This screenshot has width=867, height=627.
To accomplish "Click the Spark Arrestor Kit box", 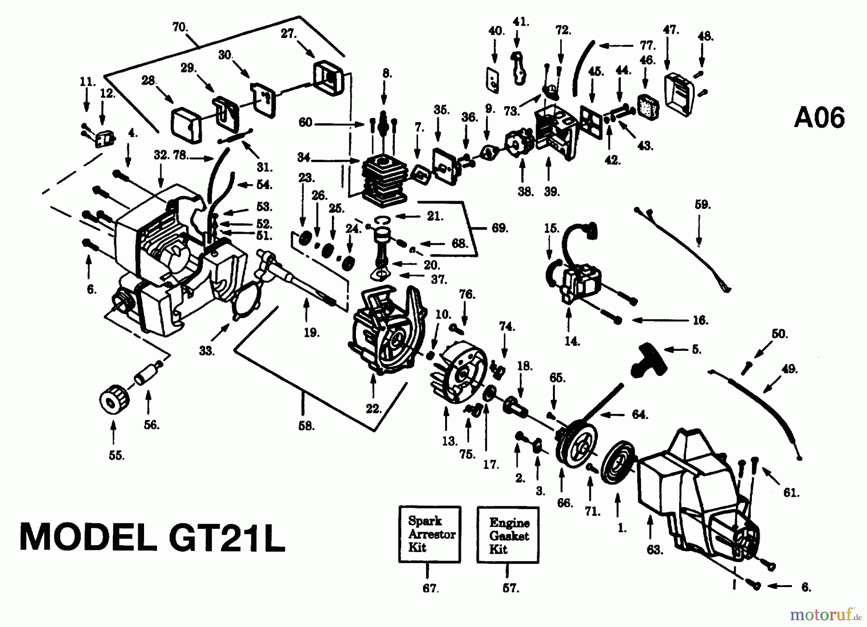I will click(430, 534).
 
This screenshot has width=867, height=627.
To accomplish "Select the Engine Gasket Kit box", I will click(508, 535).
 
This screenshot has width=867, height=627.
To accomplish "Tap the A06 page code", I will click(819, 118).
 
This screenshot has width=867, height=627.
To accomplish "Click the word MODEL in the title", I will click(87, 537).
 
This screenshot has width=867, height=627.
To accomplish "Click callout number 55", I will click(116, 455).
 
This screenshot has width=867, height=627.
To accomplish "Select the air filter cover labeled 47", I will click(679, 95).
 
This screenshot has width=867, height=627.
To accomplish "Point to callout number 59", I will click(702, 205).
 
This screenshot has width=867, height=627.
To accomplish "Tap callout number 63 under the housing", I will click(654, 550).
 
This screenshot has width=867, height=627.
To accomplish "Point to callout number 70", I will click(180, 27).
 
